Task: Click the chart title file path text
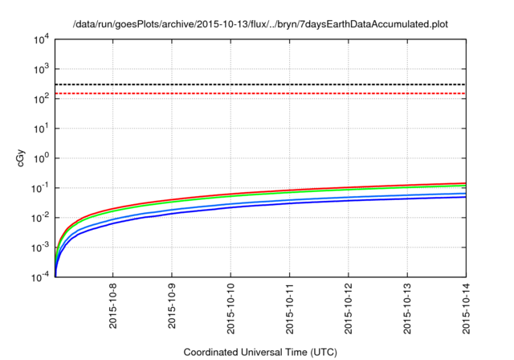(x=259, y=24)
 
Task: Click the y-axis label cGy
(x=22, y=158)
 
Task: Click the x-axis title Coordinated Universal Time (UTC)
(x=259, y=352)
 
